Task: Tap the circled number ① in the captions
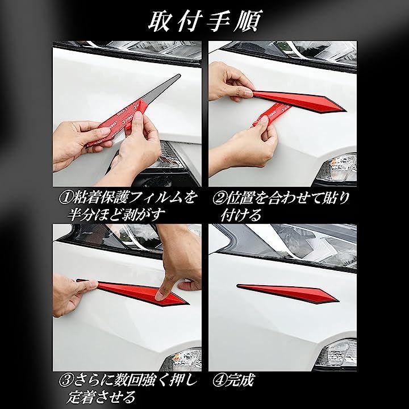click(x=65, y=198)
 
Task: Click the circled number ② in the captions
click(x=219, y=198)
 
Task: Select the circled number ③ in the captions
click(x=65, y=381)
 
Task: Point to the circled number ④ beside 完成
click(x=219, y=381)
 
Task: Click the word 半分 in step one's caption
click(x=80, y=215)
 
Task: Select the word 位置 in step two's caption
click(x=239, y=198)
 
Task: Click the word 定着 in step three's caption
click(x=80, y=397)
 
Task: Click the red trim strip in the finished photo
click(x=287, y=293)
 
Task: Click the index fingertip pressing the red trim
click(x=160, y=295)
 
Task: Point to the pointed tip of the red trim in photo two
click(x=345, y=110)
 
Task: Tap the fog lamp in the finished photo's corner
click(x=336, y=353)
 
